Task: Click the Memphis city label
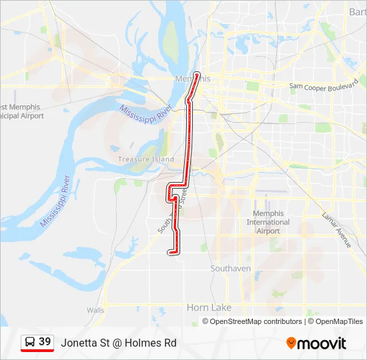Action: pos(192,79)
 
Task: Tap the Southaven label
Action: pos(230,269)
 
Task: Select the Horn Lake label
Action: pos(209,307)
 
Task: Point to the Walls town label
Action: pos(95,310)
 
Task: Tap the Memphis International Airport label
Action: pos(268,222)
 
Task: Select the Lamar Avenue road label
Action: pos(336,230)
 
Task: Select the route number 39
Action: pos(45,342)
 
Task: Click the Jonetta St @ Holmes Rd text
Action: pos(118,343)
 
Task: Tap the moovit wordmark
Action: pos(322,343)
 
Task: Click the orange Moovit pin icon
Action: pos(291,343)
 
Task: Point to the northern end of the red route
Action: pos(197,73)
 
